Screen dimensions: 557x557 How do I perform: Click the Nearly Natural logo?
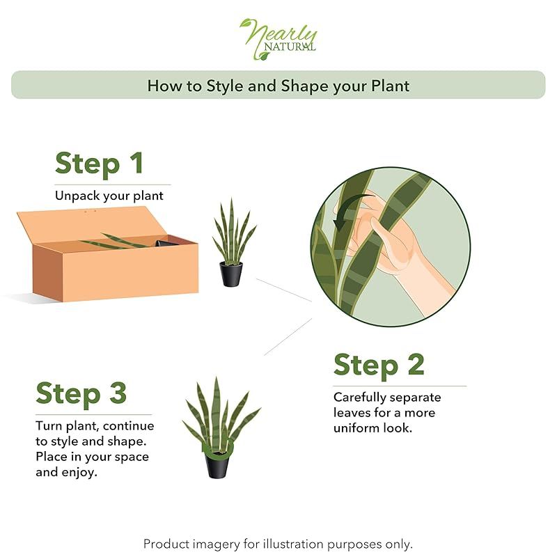tap(278, 39)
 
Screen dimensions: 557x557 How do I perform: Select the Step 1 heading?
tap(99, 164)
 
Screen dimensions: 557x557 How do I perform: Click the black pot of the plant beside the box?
tap(231, 274)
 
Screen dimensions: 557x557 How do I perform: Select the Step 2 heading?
tap(379, 365)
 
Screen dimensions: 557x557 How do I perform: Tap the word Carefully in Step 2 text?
tap(359, 398)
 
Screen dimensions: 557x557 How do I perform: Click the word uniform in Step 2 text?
tap(356, 428)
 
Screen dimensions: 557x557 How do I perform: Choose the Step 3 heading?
tap(81, 394)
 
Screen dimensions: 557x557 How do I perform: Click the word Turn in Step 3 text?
tap(49, 426)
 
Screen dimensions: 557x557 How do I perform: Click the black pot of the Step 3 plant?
tap(217, 465)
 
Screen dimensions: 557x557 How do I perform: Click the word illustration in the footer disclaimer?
tap(293, 544)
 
